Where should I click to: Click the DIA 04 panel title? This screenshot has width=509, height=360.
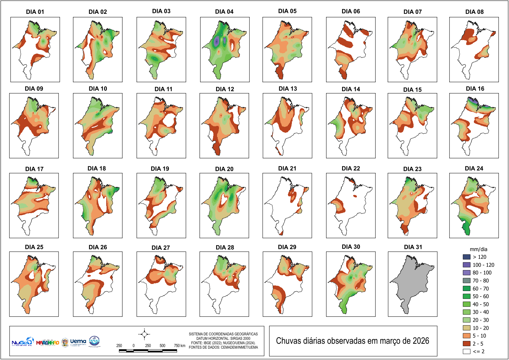[x=224, y=12]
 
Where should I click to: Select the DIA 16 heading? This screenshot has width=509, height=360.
[x=475, y=89]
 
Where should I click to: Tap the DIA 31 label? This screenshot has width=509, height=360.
[x=413, y=247]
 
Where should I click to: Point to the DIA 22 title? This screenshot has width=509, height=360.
[x=351, y=168]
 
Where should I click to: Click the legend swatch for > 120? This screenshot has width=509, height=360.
[x=467, y=257]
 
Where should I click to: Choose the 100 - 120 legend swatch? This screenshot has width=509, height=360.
[x=467, y=265]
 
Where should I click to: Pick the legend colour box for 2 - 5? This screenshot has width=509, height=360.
[x=467, y=344]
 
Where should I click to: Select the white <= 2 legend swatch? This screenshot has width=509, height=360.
[x=467, y=351]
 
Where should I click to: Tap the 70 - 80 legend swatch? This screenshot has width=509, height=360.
[x=467, y=281]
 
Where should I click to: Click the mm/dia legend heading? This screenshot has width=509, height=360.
[x=478, y=249]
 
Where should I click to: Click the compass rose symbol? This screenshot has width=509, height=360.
[x=144, y=334]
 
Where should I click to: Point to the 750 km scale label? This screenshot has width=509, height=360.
[x=180, y=346]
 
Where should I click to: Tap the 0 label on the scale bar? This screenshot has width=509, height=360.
[x=134, y=346]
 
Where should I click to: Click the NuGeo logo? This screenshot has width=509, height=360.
[x=22, y=342]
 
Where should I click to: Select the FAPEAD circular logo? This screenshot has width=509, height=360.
[x=94, y=341]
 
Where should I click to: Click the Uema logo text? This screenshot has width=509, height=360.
[x=78, y=341]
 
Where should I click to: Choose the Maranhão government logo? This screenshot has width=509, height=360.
[x=47, y=342]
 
